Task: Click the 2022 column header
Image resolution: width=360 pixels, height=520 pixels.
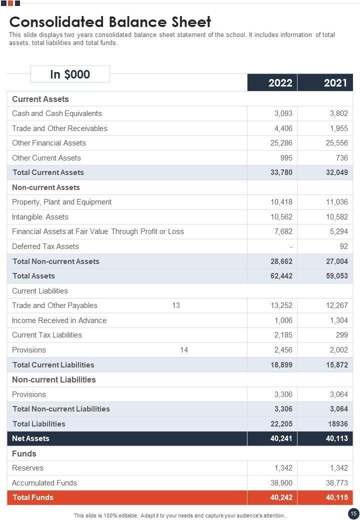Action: [x=280, y=82]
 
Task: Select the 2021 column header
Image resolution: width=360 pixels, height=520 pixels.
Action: [x=335, y=82]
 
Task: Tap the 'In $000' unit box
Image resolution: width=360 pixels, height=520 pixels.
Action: [x=70, y=74]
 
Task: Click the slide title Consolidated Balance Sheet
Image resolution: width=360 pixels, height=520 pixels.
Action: [x=110, y=22]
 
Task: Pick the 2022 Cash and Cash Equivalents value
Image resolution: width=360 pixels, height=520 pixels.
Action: [x=283, y=113]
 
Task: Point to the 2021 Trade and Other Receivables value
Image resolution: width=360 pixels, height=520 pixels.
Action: [x=338, y=128]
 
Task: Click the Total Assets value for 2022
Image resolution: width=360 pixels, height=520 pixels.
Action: [x=281, y=276]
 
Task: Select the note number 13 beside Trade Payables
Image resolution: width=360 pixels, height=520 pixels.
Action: [x=176, y=305]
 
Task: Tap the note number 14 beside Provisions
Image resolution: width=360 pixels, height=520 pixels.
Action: [x=184, y=350]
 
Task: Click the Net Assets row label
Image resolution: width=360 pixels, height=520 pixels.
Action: [x=30, y=438]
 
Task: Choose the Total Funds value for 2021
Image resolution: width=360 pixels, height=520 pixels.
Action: [x=337, y=497]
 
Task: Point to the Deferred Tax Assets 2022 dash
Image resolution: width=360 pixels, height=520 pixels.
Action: [x=290, y=246]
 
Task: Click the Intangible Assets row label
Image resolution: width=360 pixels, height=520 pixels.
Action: [x=40, y=217]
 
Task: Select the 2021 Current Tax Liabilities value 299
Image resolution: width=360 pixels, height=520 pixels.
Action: [x=341, y=335]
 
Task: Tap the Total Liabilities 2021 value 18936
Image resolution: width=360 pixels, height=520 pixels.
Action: [x=337, y=424]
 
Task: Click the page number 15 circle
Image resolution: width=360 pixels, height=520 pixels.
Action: [x=353, y=513]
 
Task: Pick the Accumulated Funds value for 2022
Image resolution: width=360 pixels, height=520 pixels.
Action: [x=281, y=483]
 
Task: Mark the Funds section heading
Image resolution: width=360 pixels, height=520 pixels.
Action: [x=24, y=453]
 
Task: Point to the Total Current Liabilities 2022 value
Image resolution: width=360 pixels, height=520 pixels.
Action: [x=281, y=365]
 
